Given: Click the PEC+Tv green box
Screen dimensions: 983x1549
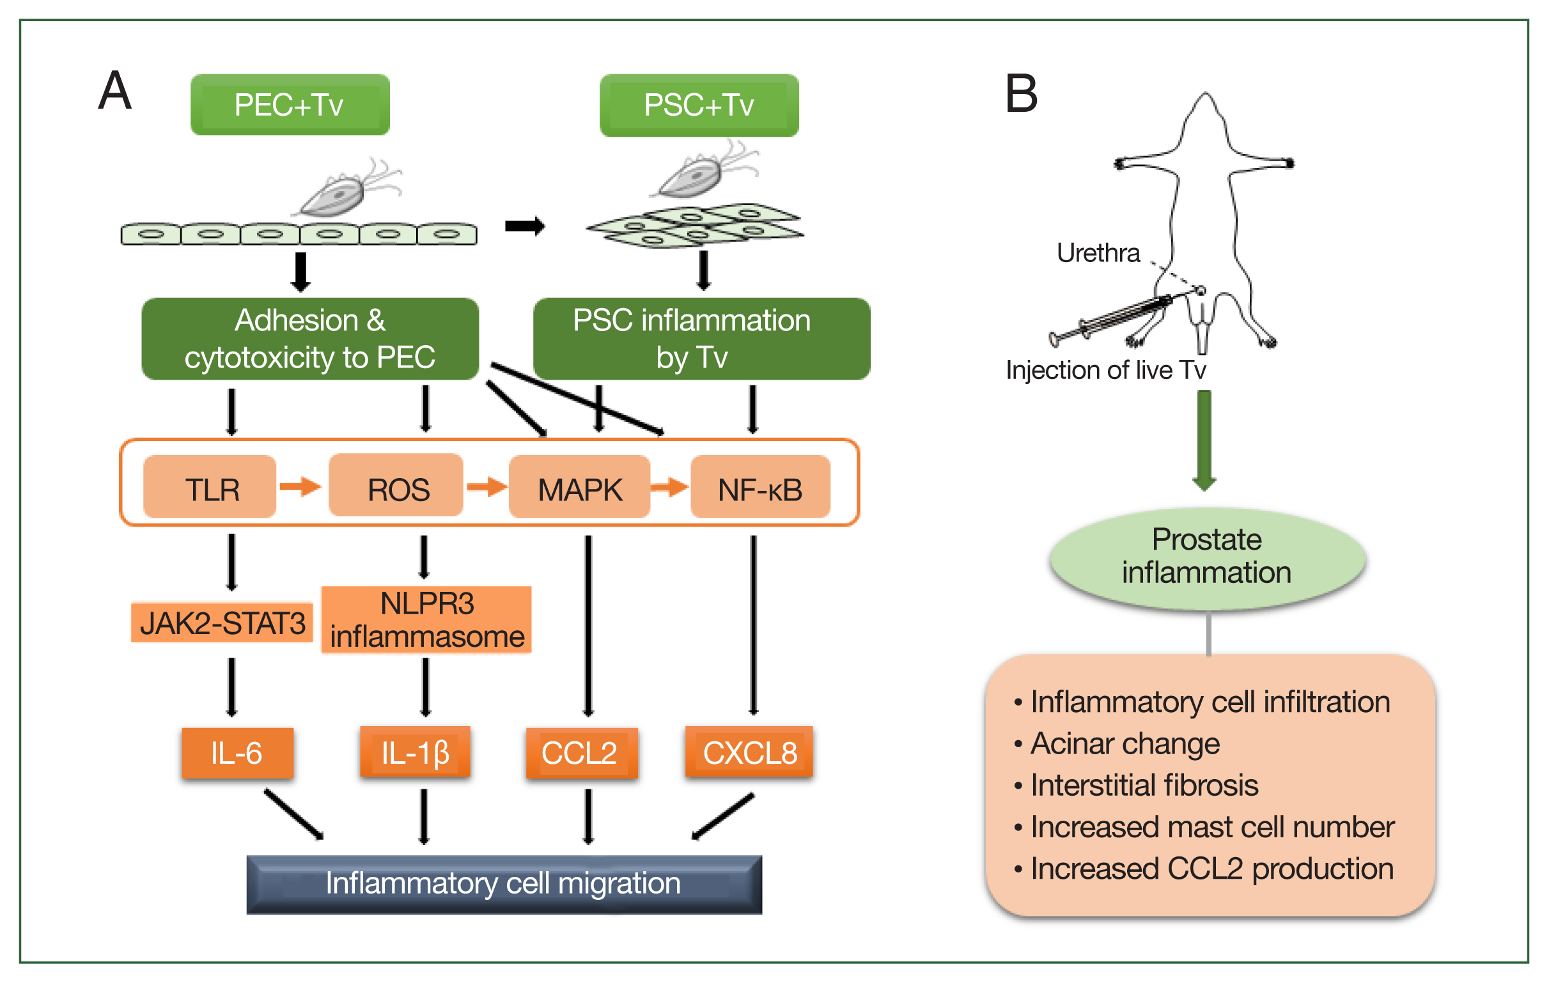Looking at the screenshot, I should (290, 104).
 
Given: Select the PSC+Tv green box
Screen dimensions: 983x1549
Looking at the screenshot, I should (699, 105).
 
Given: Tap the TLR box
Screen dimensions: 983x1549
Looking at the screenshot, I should (210, 487).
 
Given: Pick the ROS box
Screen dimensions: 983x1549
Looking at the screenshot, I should (396, 486).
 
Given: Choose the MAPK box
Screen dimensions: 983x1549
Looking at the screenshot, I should (579, 487).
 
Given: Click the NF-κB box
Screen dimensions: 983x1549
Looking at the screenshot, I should (759, 487).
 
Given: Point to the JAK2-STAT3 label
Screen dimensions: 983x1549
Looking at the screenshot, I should (222, 623).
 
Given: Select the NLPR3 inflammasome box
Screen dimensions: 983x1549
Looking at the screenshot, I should (426, 619).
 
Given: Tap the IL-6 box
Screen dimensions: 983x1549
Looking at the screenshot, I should (237, 753).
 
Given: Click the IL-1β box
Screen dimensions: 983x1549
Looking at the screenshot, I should (415, 752).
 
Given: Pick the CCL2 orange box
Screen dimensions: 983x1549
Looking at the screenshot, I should (582, 753).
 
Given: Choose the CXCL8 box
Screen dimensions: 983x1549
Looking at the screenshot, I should (749, 752).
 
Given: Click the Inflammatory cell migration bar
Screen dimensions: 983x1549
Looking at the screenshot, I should (504, 884).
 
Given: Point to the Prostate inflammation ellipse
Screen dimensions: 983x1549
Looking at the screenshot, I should (1207, 557).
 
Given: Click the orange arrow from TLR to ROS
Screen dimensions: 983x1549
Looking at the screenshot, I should (300, 486).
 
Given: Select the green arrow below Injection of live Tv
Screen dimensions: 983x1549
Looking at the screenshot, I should (1204, 440).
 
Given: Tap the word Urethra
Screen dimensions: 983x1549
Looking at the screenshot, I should (1098, 253).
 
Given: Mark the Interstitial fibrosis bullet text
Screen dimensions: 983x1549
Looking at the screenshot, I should (1144, 786).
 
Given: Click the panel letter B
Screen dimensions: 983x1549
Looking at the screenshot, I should (1022, 94).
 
